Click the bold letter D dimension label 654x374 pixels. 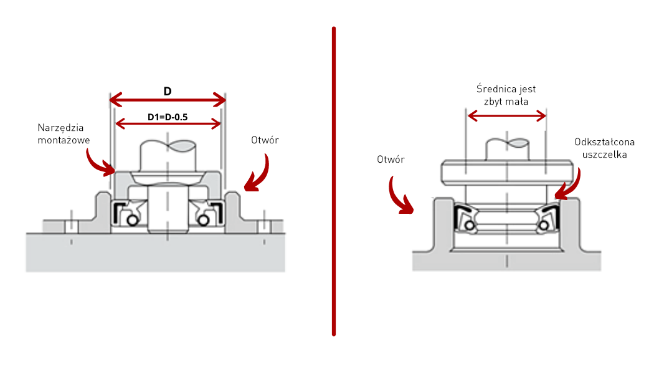click(168, 91)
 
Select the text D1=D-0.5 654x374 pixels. click(168, 117)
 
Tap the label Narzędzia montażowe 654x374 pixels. click(64, 134)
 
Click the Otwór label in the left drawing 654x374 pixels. click(265, 140)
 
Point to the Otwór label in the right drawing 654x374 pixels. click(391, 160)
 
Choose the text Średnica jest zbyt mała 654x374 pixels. click(506, 95)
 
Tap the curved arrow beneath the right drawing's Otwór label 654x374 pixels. click(400, 196)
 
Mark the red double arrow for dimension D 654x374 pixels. click(167, 100)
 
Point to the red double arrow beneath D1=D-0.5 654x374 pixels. click(168, 123)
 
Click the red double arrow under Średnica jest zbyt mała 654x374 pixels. click(506, 115)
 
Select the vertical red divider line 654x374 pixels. click(334, 181)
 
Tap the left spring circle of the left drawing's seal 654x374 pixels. click(131, 221)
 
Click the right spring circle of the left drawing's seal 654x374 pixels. click(202, 221)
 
